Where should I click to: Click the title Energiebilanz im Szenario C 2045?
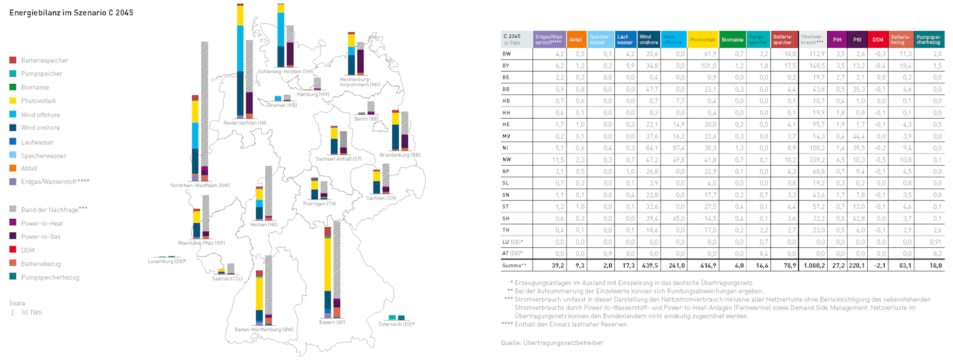[x=72, y=12]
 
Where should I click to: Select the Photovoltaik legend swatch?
[x=13, y=101]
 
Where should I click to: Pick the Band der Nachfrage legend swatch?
[x=13, y=209]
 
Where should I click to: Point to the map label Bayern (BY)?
[x=332, y=322]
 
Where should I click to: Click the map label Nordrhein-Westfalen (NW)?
[x=201, y=185]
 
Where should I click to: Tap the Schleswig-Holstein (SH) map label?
[x=285, y=71]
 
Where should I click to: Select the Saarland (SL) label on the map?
[x=227, y=278]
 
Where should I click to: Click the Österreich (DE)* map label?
[x=397, y=324]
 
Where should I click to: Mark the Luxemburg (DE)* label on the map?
[x=167, y=261]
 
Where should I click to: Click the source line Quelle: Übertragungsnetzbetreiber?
[x=552, y=343]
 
